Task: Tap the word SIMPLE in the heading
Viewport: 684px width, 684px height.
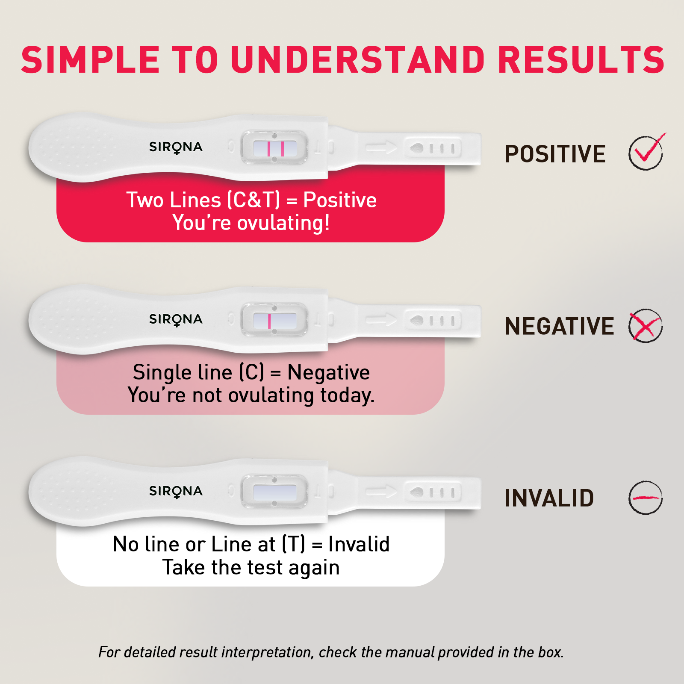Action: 90,60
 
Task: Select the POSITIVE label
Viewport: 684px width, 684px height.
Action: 555,154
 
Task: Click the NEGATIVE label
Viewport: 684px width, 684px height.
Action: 559,326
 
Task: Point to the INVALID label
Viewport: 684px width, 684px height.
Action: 549,498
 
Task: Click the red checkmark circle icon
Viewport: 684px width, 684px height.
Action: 646,153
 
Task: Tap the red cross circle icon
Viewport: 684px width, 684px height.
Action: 646,326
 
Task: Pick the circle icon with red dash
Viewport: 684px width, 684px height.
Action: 646,498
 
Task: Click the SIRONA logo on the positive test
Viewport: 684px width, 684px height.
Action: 176,147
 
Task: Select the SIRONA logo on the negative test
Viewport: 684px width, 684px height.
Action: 176,319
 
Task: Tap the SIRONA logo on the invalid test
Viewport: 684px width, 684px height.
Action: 176,491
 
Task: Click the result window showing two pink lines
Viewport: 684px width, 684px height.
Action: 274,148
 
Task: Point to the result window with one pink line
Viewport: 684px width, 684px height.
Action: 274,321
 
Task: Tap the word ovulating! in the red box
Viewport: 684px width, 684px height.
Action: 283,223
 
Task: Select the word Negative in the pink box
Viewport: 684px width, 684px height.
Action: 328,372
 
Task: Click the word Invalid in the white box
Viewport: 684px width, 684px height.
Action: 359,544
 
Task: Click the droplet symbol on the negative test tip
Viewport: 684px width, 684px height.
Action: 417,320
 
